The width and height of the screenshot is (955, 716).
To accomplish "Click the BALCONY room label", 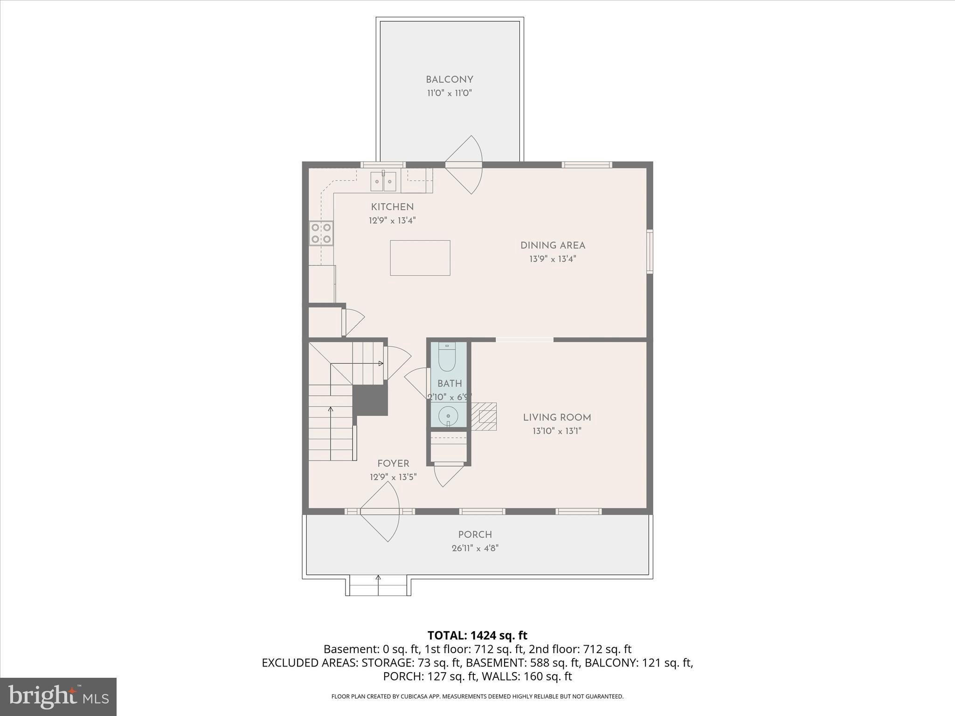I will pos(449,80).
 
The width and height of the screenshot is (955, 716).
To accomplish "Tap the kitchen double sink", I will pos(383,181).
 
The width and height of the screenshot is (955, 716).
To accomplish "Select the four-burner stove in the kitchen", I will pos(321,233).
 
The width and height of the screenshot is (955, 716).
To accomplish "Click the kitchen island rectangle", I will pos(420,258).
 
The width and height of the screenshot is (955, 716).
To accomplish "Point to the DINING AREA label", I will pos(553,245).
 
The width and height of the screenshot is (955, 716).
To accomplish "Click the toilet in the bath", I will pos(447,357).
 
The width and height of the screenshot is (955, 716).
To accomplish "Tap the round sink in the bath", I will pos(448,415).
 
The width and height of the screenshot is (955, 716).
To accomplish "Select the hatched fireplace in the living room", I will pos(484,416).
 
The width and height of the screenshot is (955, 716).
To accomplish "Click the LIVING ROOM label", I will pos(557,418).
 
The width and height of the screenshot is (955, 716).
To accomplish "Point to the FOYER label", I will pos(393,463).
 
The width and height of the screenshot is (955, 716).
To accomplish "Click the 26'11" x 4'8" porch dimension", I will pos(475,548).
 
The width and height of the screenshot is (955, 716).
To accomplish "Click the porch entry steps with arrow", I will pos(378,585).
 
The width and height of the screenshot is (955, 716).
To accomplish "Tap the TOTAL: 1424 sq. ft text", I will pos(477,635).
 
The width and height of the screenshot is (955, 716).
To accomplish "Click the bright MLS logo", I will pos(58,696).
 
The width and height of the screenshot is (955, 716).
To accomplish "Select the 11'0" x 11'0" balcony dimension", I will pos(449,93).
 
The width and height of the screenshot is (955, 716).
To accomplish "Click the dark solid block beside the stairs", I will pos(371,400).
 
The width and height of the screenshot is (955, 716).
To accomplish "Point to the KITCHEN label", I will pos(392,207).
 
